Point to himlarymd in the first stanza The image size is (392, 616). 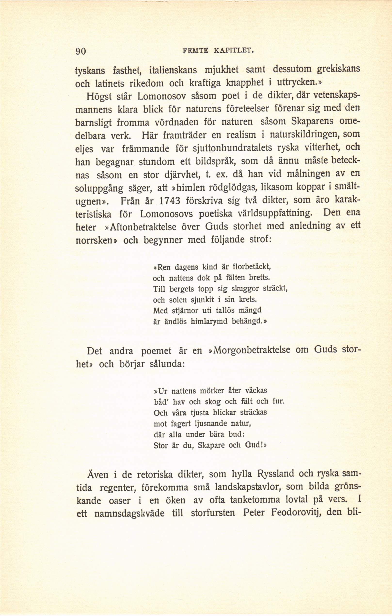pyautogui.click(x=209, y=321)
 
